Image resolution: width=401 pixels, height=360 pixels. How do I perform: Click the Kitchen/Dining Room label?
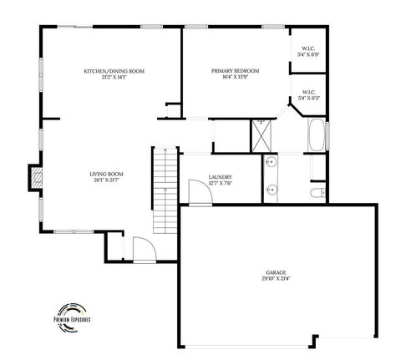pos(114,71)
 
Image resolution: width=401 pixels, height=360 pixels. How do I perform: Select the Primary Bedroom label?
pos(235,71)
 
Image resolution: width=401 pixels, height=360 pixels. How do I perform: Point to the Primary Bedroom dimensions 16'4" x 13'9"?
pos(235,78)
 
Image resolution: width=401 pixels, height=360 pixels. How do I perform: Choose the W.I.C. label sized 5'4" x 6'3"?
pos(308,94)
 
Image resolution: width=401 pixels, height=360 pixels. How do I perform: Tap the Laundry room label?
pos(220,177)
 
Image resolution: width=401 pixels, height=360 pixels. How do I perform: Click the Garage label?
pos(276,272)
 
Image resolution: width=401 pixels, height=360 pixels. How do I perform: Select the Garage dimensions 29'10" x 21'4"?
pos(276,279)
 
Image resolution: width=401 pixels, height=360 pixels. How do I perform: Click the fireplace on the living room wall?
pos(35,177)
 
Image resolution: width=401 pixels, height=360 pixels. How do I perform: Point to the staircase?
pos(165,190)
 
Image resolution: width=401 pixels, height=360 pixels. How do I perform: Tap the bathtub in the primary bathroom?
pos(317,136)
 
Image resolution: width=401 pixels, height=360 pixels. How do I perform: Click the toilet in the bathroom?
pos(316,193)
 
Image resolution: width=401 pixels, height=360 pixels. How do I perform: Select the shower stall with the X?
pos(263,134)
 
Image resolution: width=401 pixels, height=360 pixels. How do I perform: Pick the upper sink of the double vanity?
pos(270,164)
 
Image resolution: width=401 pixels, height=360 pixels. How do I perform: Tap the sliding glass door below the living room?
pos(76,231)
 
